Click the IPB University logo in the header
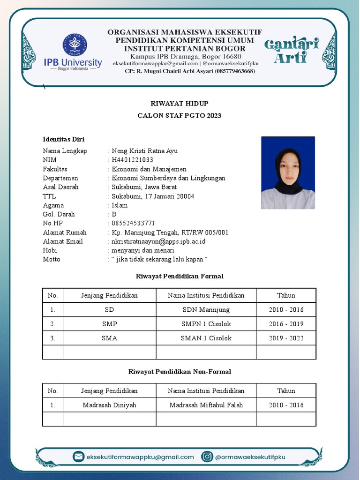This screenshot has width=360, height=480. tap(72, 52)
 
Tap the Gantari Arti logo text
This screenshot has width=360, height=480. tap(291, 51)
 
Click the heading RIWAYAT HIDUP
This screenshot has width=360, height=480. tap(179, 103)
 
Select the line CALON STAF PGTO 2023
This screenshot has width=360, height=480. tap(179, 115)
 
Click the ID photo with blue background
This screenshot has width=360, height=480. tap(288, 172)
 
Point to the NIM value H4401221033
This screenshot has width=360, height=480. tap(132, 160)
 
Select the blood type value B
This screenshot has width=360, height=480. tap(114, 214)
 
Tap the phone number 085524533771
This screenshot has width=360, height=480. tap(133, 223)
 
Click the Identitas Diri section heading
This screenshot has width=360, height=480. tap(63, 139)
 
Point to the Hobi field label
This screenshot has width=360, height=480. tap(50, 250)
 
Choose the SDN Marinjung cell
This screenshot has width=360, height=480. tap(206, 310)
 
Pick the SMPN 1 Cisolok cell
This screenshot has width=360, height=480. tap(206, 324)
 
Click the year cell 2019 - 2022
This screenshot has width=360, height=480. tap(286, 338)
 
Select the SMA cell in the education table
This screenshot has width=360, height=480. tap(109, 338)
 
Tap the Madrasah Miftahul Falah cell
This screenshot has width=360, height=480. tap(206, 405)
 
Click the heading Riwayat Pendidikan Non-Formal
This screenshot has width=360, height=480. tap(180, 372)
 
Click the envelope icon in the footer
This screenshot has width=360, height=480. tap(79, 457)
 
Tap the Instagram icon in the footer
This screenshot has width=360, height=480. tap(207, 457)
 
